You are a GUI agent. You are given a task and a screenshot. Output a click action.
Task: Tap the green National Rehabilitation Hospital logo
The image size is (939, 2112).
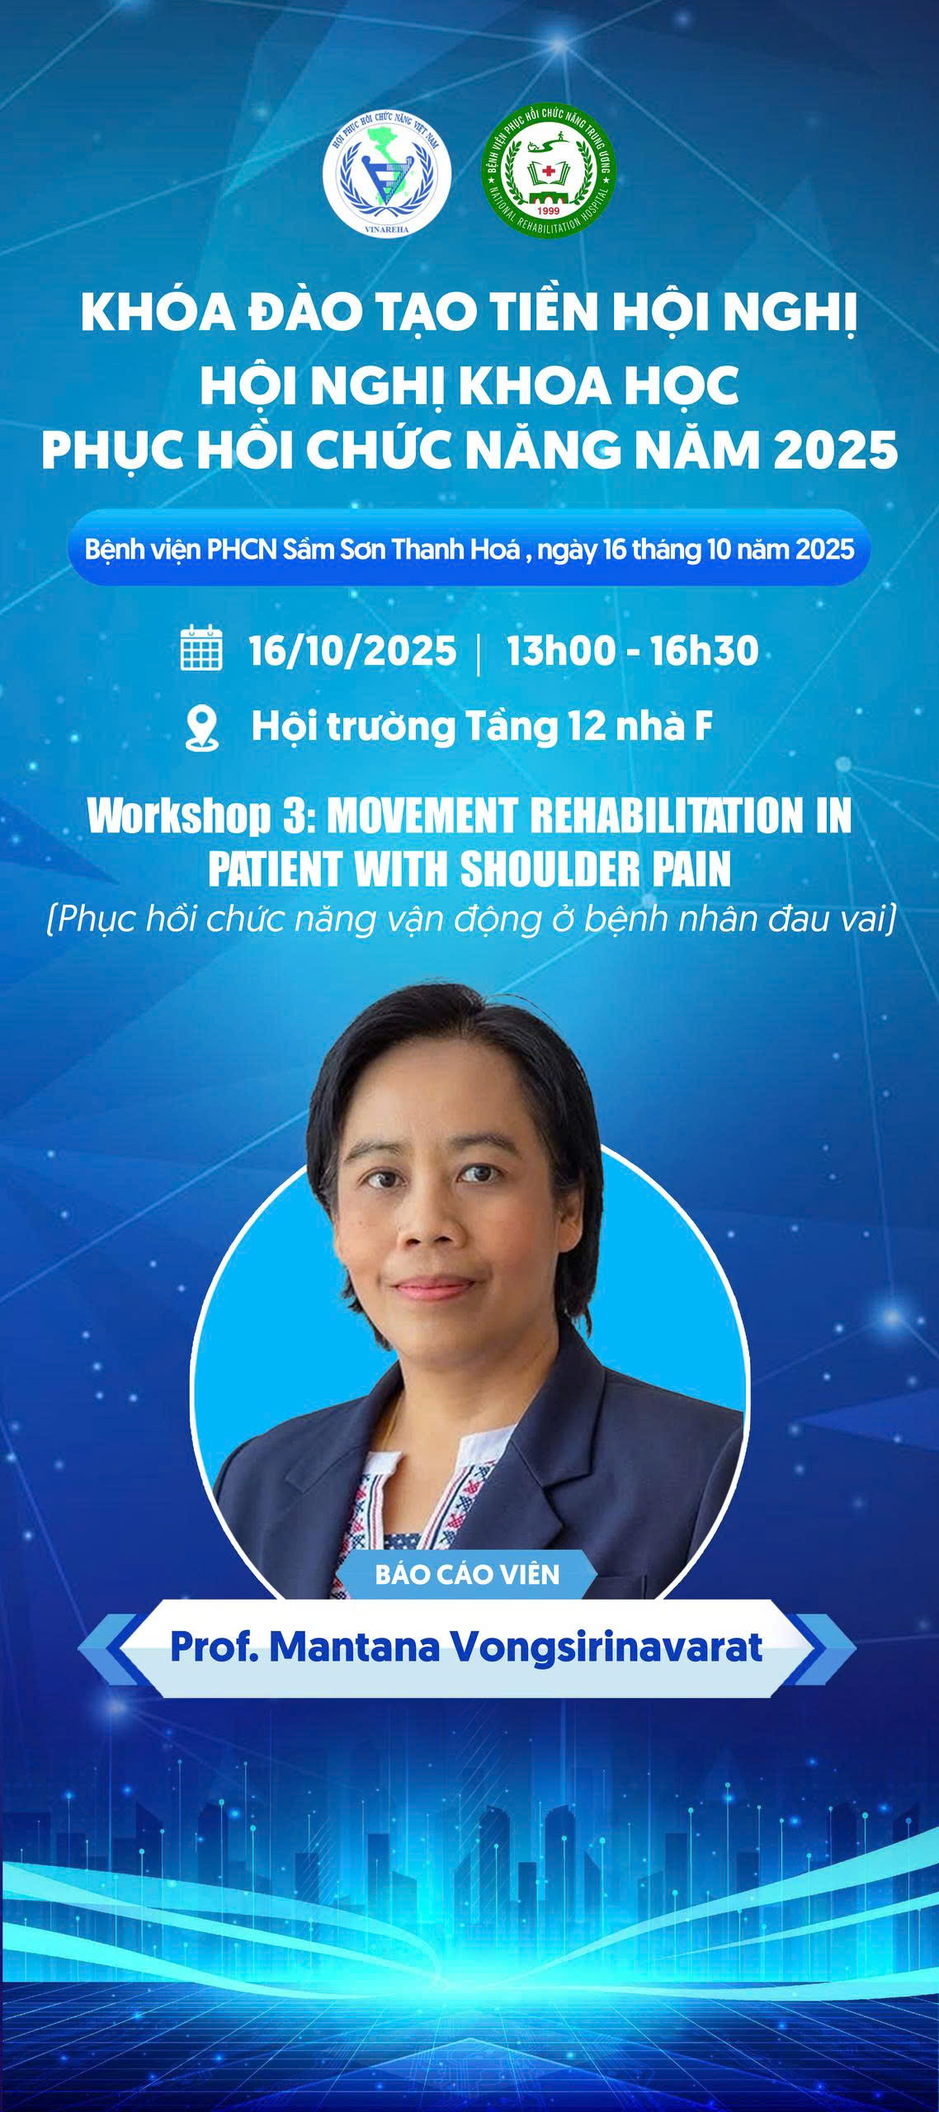tap(549, 172)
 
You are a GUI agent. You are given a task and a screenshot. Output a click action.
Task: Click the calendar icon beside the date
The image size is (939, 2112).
tap(201, 648)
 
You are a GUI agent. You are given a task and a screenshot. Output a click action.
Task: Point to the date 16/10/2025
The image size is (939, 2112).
tap(352, 651)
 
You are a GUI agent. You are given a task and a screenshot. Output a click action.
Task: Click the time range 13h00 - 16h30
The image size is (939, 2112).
tap(632, 651)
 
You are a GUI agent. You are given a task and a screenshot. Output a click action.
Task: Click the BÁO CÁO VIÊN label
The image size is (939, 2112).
tap(467, 1574)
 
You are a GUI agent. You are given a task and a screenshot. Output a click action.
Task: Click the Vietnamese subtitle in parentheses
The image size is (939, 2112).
tap(470, 919)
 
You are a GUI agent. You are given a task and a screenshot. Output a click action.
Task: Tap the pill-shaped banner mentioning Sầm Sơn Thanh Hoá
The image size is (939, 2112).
tap(469, 549)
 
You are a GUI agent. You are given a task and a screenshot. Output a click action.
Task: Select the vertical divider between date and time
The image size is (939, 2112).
tap(479, 653)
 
